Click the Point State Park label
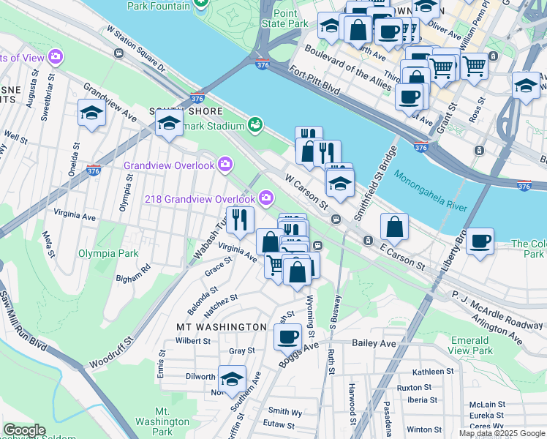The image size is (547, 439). tap(290, 18)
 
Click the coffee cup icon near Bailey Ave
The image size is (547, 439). tap(287, 337)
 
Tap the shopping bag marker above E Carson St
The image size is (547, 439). tap(394, 228)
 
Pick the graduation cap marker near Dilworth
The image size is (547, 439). tap(232, 379)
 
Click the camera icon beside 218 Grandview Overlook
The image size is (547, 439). tap(266, 198)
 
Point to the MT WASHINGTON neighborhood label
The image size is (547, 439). tap(222, 326)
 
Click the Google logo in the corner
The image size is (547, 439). tap(24, 430)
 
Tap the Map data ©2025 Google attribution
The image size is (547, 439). tap(501, 433)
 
